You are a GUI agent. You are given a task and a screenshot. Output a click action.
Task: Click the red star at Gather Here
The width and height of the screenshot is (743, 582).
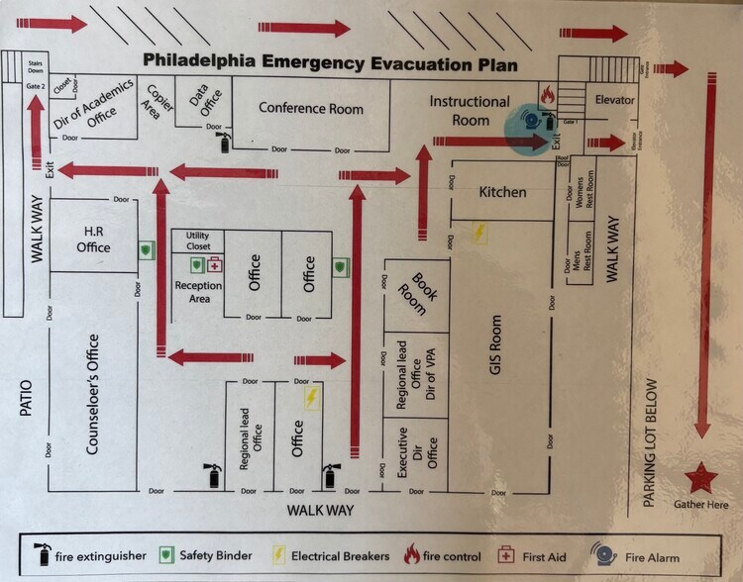pos(700,479)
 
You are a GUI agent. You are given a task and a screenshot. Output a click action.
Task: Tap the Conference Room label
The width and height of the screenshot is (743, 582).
pos(311,108)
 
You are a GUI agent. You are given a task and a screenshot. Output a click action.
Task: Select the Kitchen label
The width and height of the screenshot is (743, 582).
pos(502,191)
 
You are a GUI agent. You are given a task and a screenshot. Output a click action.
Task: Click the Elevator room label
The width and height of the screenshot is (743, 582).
pos(614,100)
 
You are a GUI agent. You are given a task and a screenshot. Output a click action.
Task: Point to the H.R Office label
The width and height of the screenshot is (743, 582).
pos(96,239)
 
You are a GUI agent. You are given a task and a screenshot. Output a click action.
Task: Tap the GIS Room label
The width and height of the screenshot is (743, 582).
pos(496,346)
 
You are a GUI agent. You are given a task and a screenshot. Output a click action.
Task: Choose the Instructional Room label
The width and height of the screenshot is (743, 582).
pos(470,110)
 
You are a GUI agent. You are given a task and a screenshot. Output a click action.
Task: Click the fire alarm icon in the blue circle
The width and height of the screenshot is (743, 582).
pos(533,120)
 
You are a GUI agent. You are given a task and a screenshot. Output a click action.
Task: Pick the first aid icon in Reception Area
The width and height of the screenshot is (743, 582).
pos(215,265)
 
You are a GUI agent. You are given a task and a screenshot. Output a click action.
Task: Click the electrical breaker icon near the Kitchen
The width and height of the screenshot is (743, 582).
pos(480,233)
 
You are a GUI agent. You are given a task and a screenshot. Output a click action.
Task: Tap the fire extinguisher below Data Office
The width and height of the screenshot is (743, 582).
pos(224,144)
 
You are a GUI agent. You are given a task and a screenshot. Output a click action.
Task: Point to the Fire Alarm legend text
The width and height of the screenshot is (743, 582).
pos(652,557)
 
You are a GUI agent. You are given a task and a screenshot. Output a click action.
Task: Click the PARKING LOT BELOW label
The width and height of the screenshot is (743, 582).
pos(651,442)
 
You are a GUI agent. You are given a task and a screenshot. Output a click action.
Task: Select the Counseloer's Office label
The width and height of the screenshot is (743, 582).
pos(92,394)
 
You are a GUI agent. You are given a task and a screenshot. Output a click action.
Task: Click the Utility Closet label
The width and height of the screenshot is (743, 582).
pos(198,240)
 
